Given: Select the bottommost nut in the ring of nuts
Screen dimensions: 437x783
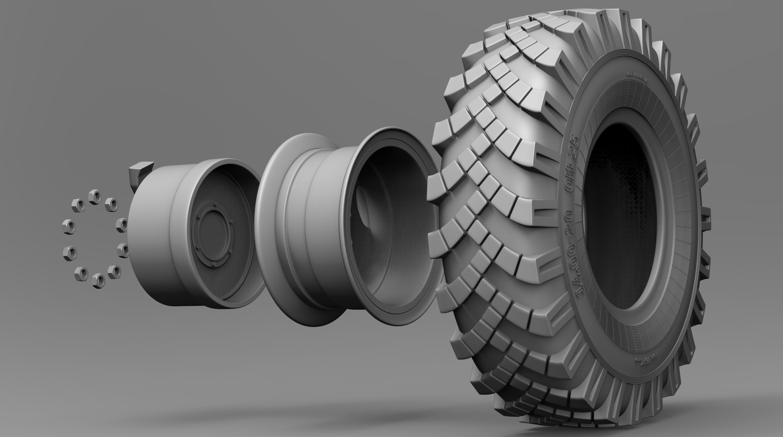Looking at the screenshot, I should tap(97, 280).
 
